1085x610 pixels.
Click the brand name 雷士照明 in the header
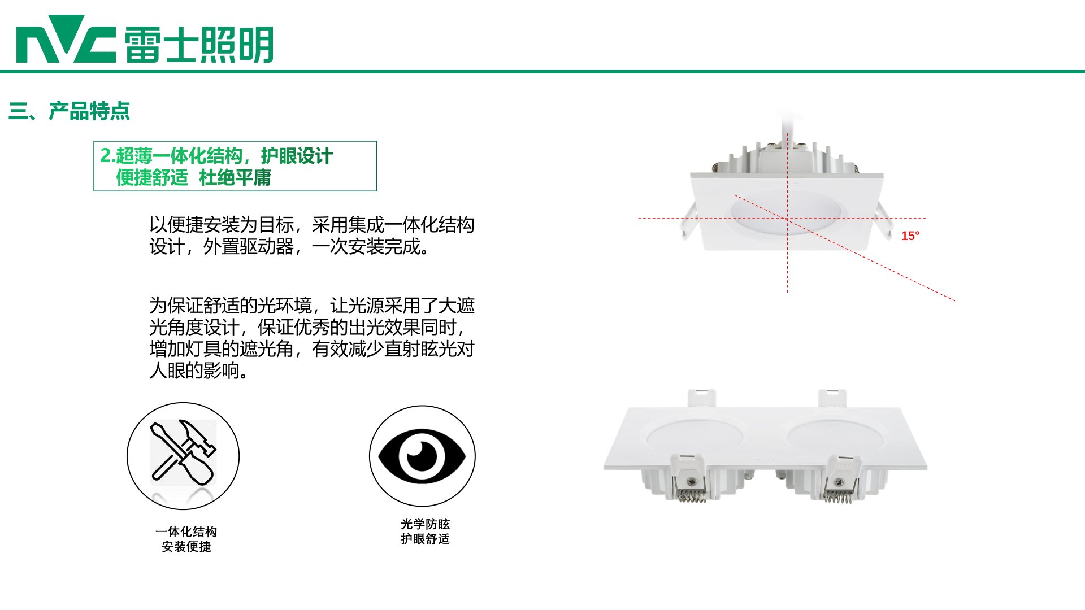click(199, 44)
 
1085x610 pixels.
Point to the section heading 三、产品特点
click(69, 111)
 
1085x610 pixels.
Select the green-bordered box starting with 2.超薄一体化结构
click(235, 166)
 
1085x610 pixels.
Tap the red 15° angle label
click(910, 236)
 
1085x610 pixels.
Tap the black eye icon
click(422, 456)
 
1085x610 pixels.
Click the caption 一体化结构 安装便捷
click(186, 539)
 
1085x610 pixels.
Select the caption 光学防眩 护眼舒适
click(425, 531)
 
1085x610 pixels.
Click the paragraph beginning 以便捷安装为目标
click(312, 236)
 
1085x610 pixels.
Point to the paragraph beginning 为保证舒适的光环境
click(312, 338)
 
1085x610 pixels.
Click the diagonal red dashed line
click(844, 248)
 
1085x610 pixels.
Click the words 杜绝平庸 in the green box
click(235, 178)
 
